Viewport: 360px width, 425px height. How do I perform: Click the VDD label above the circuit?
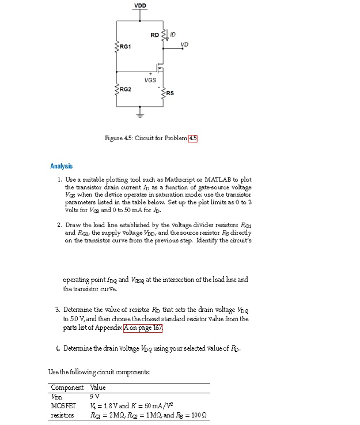click(140, 6)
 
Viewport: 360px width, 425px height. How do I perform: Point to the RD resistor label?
click(154, 35)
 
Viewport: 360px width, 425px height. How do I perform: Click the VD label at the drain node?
click(184, 44)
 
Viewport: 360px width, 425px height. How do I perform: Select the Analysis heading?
click(62, 166)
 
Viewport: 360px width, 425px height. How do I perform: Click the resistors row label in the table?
click(63, 415)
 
